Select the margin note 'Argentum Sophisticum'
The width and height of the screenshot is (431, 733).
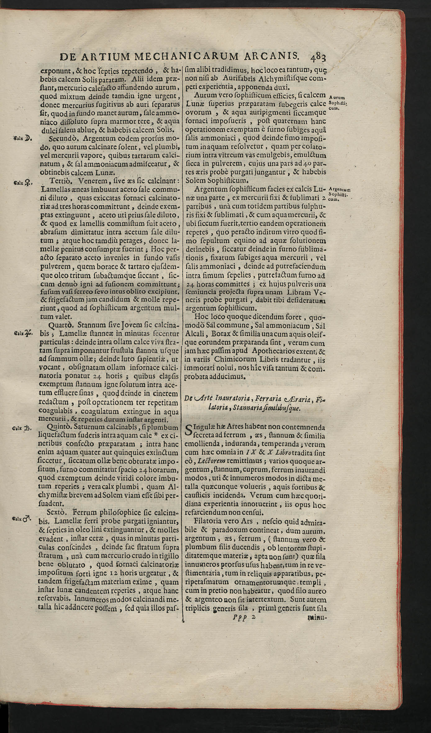click(x=339, y=194)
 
